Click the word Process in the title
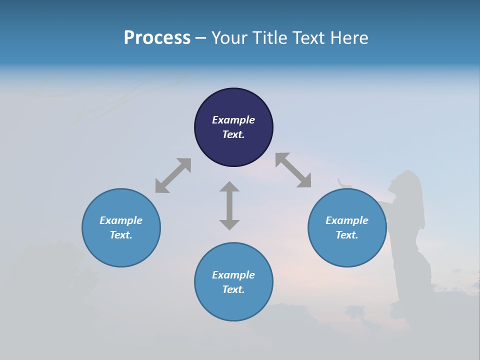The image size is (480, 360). coord(157,38)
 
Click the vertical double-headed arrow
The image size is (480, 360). coord(229,205)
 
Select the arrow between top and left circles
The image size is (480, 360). coord(173,175)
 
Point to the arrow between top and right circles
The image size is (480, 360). coord(293,170)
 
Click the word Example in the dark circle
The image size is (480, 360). coord(233,120)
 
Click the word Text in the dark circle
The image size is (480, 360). coord(233,134)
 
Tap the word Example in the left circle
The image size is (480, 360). coord(121,220)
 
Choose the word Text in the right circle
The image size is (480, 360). coord(347,235)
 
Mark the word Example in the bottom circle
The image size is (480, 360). coord(233,275)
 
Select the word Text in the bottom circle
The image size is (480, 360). coord(233,289)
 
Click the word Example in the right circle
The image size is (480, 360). coord(347,220)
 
